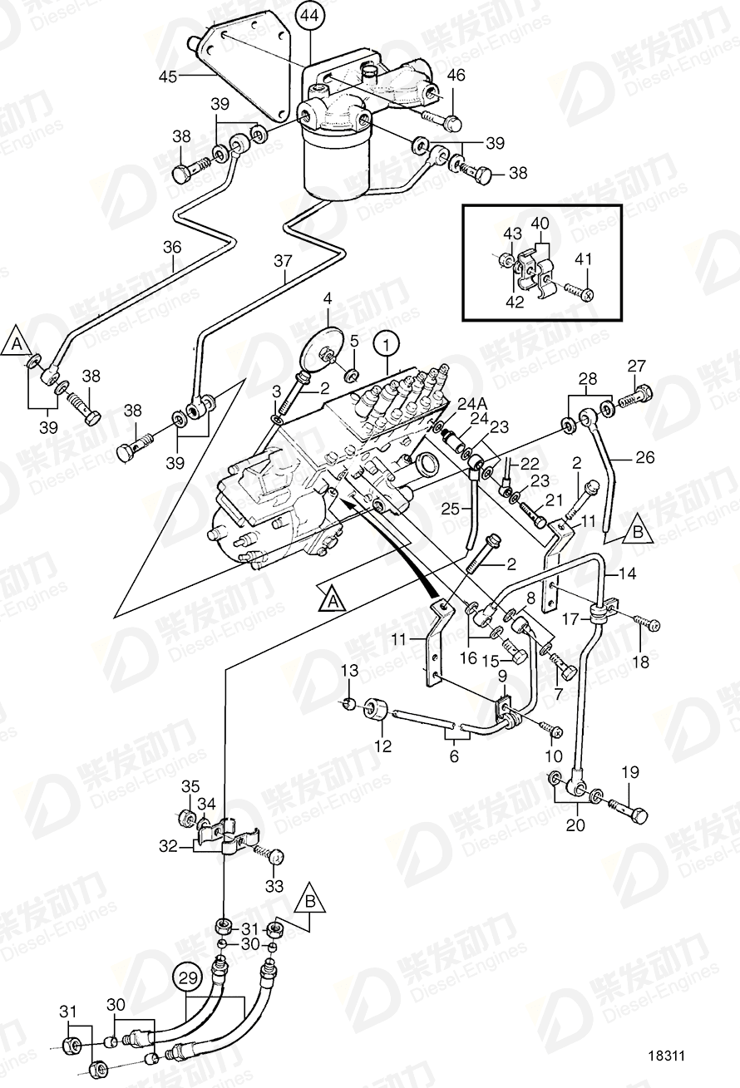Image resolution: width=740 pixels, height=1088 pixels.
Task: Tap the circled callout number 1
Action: [386, 342]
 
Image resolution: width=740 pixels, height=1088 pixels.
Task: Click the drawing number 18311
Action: [667, 1057]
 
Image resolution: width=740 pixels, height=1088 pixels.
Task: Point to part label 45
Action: [170, 77]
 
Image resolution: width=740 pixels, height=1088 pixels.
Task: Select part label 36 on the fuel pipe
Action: [172, 246]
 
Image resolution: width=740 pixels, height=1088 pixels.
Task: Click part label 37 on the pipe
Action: [283, 261]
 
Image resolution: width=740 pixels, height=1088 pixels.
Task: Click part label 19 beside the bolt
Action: [629, 772]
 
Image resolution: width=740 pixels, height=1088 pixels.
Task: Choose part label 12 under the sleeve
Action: [382, 746]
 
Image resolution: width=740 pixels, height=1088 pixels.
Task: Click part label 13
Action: [349, 670]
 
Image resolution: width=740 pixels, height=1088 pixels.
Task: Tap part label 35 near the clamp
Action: [190, 786]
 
